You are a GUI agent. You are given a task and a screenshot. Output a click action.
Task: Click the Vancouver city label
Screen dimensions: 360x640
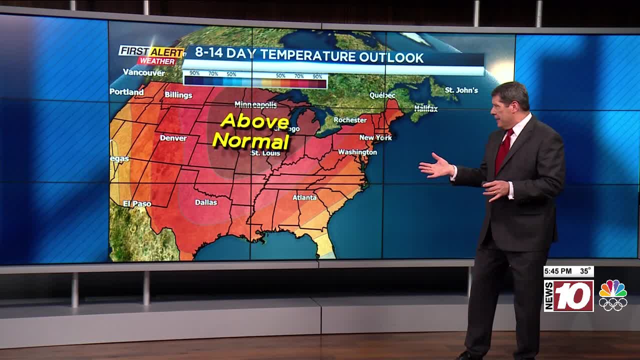(144, 72)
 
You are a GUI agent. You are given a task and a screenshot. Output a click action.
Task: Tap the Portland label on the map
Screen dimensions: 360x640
(126, 92)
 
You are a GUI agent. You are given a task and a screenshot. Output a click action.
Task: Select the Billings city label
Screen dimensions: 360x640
(178, 95)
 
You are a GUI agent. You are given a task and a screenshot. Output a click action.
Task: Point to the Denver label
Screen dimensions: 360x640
(173, 138)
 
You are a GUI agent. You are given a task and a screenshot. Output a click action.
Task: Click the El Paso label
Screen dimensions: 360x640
(137, 203)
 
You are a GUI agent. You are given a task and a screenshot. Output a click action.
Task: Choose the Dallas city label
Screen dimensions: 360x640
(206, 202)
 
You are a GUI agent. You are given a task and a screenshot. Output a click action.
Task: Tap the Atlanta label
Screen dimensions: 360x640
(304, 197)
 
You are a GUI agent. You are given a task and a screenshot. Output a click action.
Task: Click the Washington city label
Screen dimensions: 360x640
(357, 152)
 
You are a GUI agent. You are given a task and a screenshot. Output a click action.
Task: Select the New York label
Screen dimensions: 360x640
(375, 137)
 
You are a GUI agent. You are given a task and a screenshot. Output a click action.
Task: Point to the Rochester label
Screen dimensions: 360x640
(350, 120)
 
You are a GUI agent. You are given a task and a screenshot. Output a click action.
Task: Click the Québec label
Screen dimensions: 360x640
(382, 95)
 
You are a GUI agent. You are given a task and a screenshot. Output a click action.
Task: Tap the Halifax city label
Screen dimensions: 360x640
(426, 108)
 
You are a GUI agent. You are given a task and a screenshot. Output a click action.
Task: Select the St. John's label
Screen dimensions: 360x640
(461, 90)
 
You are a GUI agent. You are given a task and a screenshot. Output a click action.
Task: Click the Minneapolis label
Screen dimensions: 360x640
(255, 104)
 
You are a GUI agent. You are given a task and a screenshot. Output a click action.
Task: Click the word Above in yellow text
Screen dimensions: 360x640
(254, 121)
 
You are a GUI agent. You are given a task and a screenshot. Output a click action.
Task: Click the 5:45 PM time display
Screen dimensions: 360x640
(558, 271)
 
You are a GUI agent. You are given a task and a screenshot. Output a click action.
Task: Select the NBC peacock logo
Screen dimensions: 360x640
(612, 295)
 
